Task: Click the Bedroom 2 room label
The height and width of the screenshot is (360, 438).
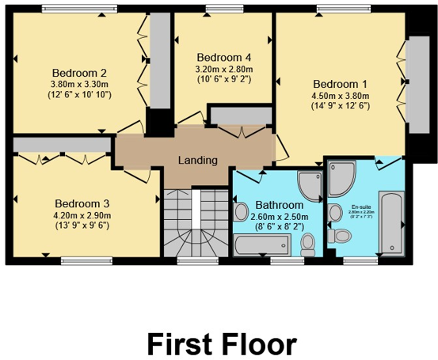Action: point(81,73)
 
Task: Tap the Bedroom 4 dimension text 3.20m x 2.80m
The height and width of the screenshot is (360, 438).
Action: point(224,68)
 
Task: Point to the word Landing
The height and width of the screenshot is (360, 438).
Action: point(197,160)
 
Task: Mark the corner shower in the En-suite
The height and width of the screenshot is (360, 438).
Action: point(343,178)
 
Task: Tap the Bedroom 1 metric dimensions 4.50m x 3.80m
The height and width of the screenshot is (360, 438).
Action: point(340,97)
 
